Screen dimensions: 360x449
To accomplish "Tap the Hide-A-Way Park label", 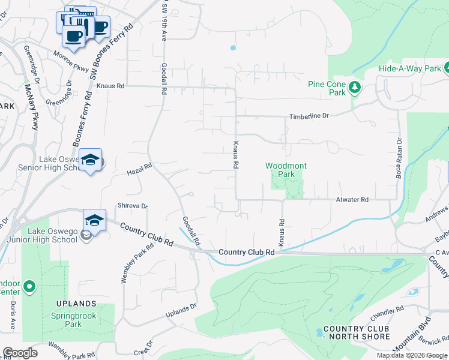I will point(409,69).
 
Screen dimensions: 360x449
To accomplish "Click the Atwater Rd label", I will point(352,200).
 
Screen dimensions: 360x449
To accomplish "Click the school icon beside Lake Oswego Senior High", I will point(90,160).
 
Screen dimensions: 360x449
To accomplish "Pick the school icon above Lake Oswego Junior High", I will point(94,220).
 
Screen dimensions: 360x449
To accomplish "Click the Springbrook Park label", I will point(74,319).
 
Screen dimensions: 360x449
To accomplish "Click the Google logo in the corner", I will point(20,353).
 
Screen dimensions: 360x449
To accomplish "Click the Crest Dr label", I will point(143,350).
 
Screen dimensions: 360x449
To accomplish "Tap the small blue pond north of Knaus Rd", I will point(232,48).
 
